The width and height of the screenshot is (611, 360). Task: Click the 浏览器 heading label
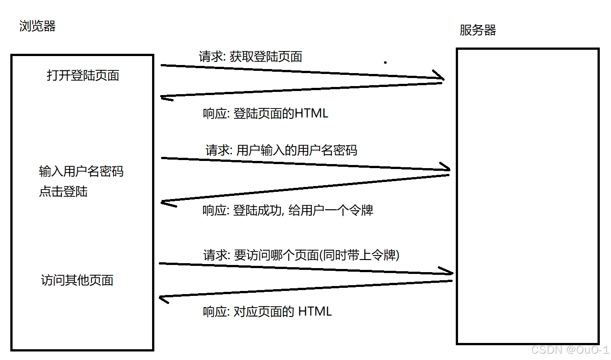pos(37,26)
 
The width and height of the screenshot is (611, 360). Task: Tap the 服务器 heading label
pos(478,30)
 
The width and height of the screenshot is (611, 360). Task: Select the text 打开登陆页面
pos(83,75)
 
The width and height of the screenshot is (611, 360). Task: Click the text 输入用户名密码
pos(81,171)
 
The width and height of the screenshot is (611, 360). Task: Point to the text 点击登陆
pos(63,192)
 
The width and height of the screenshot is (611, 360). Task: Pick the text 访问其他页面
pos(77,280)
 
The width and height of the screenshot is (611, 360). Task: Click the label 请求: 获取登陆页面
pos(250,56)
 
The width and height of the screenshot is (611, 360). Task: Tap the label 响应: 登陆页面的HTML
pos(266,113)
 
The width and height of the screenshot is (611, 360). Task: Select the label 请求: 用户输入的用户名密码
pos(281,150)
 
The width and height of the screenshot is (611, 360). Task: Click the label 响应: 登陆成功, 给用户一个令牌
pos(288,210)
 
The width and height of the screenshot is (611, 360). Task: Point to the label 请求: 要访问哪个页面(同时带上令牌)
pos(301,255)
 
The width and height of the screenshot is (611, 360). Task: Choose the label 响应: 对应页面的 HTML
pos(267,312)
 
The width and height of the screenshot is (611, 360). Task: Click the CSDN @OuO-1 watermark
pos(569,350)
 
